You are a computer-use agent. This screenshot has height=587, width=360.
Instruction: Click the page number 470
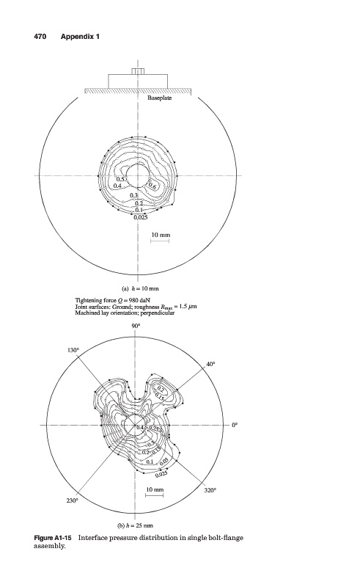point(40,36)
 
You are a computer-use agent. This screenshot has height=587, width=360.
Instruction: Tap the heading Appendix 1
point(80,36)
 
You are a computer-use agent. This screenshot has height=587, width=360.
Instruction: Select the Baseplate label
point(159,98)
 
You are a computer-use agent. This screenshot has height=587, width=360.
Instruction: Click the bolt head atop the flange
point(138,71)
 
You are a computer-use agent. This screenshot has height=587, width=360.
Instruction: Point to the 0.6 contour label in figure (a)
point(153,185)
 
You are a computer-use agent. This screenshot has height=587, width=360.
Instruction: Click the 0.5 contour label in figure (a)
point(120,179)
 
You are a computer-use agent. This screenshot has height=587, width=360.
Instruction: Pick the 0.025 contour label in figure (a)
point(141,217)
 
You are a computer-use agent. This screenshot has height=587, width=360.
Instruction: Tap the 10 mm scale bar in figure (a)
point(160,241)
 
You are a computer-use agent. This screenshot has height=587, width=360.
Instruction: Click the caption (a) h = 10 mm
point(140,288)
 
